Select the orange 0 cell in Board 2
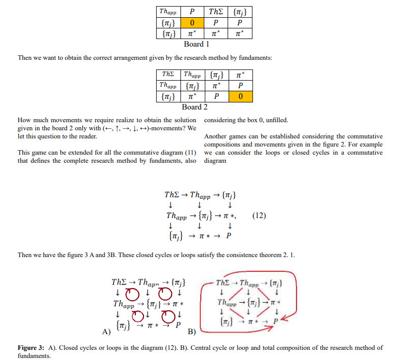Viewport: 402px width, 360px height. [240, 96]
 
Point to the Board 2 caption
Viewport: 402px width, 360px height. [195, 107]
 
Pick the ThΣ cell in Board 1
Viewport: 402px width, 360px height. [216, 12]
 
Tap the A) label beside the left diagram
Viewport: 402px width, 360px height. [106, 332]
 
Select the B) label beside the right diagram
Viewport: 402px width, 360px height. [192, 332]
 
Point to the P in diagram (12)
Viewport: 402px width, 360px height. [229, 236]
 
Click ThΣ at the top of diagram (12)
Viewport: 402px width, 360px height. [172, 195]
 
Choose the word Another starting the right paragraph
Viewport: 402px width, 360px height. [216, 136]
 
